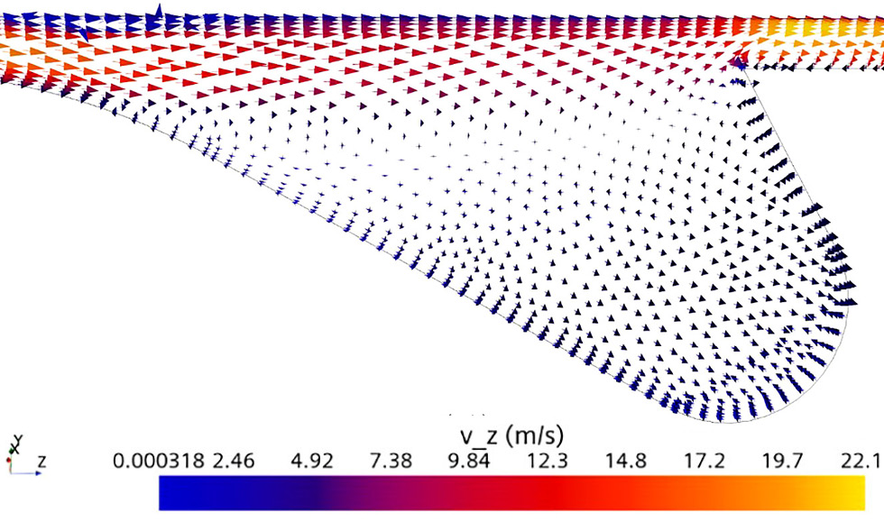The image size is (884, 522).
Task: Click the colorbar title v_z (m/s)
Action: [x=512, y=437]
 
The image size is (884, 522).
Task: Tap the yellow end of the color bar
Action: [x=857, y=493]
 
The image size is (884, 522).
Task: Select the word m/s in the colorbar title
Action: [x=539, y=437]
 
